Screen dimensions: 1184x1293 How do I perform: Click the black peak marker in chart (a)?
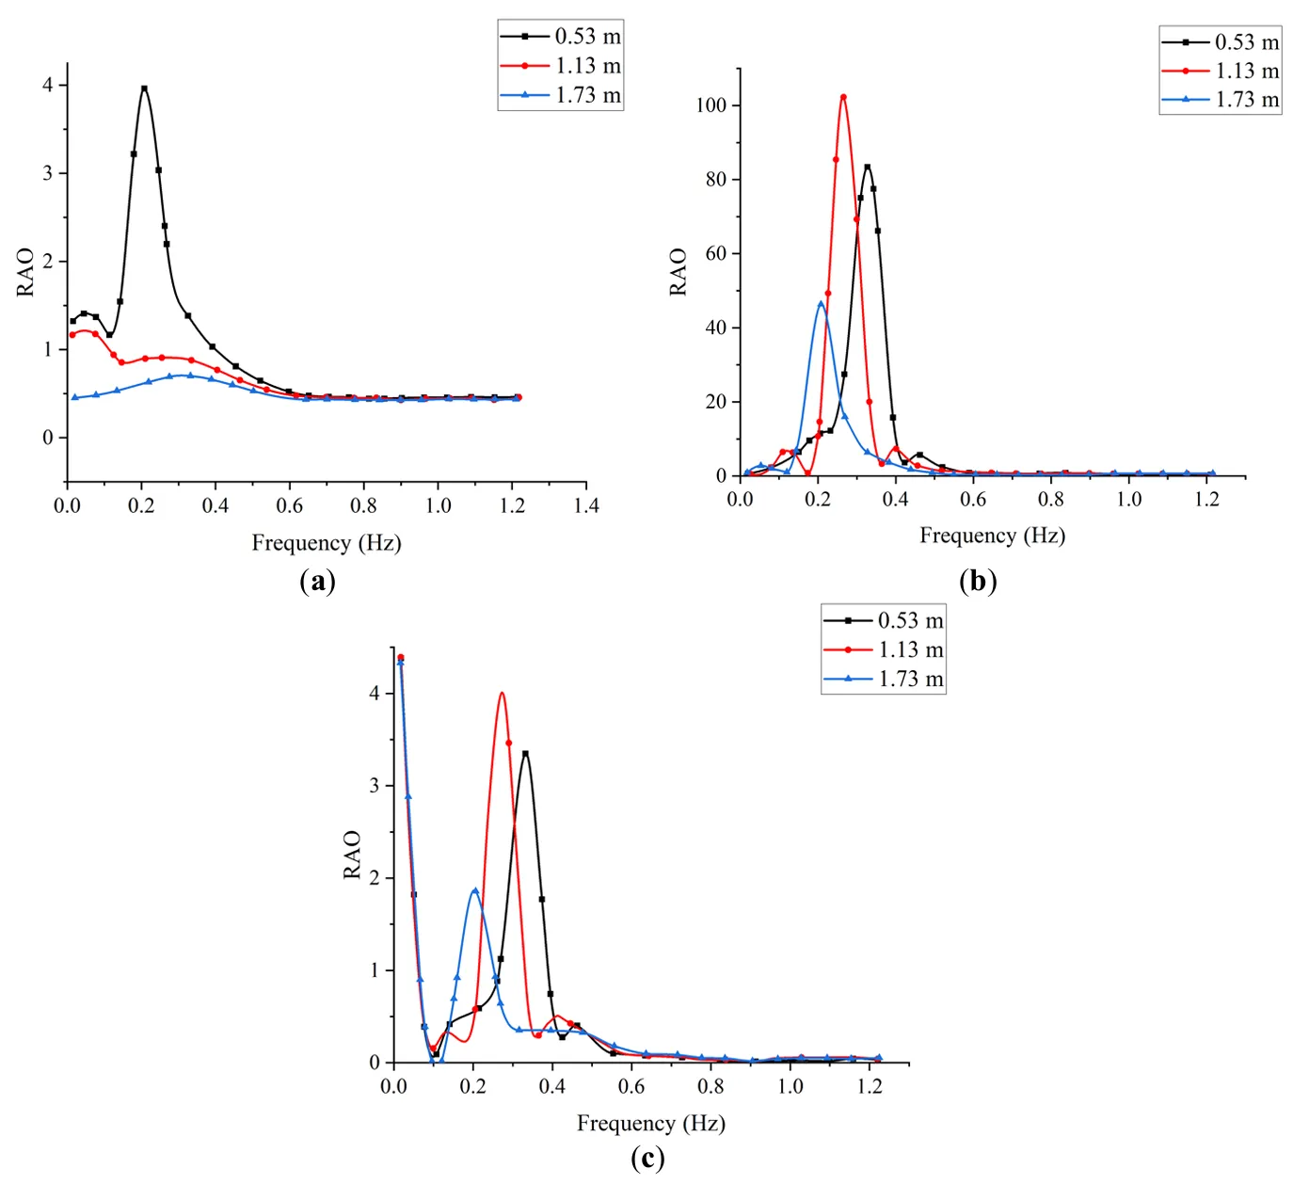pyautogui.click(x=144, y=88)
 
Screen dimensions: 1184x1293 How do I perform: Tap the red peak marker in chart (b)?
pyautogui.click(x=843, y=97)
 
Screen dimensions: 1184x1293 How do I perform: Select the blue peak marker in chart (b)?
pyautogui.click(x=821, y=304)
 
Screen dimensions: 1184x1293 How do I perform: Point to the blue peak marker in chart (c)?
pyautogui.click(x=475, y=890)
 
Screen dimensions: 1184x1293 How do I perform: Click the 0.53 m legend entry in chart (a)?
pyautogui.click(x=561, y=37)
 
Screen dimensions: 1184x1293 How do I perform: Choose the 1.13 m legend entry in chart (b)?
pyautogui.click(x=1221, y=71)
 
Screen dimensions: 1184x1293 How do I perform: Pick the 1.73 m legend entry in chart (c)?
pyautogui.click(x=884, y=679)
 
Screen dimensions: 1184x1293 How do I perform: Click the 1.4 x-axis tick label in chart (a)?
pyautogui.click(x=585, y=506)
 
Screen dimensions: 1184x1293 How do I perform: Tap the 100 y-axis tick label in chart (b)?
pyautogui.click(x=711, y=105)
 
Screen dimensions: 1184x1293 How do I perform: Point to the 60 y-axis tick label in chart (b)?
pyautogui.click(x=716, y=253)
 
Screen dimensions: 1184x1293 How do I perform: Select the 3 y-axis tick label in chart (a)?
pyautogui.click(x=48, y=173)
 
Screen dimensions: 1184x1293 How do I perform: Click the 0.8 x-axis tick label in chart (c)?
pyautogui.click(x=710, y=1086)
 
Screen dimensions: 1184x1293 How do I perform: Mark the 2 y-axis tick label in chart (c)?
pyautogui.click(x=375, y=878)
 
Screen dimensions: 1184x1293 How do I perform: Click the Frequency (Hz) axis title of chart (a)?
pyautogui.click(x=327, y=543)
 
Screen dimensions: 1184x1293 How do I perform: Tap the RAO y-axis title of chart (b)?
pyautogui.click(x=678, y=272)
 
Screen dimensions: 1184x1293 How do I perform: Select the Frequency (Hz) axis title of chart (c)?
pyautogui.click(x=650, y=1123)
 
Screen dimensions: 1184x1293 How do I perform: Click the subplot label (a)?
pyautogui.click(x=317, y=581)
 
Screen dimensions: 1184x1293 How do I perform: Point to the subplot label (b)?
pyautogui.click(x=978, y=581)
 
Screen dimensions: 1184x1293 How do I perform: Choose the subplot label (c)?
pyautogui.click(x=647, y=1159)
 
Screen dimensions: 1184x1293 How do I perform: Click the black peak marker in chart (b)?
pyautogui.click(x=868, y=168)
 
